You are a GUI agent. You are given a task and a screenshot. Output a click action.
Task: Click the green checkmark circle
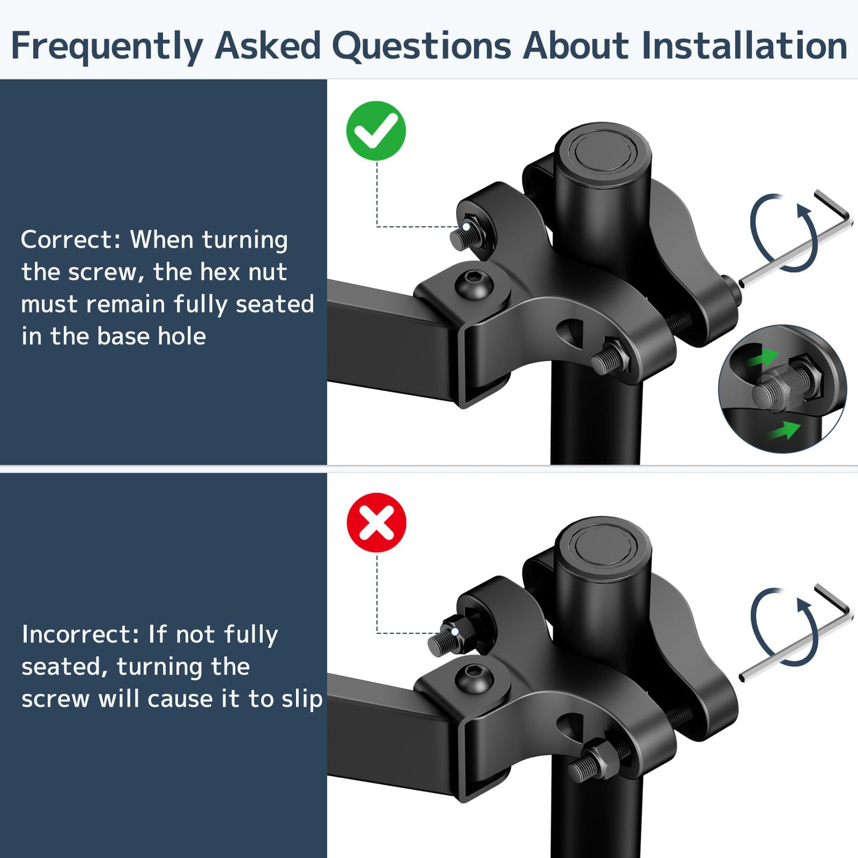(x=376, y=131)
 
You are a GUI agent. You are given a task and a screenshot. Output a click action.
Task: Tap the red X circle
(x=377, y=522)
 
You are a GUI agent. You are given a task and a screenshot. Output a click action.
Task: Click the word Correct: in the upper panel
(x=71, y=240)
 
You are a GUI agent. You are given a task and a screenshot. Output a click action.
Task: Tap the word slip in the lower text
(x=302, y=699)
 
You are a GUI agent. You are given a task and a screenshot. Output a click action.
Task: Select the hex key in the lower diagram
(x=795, y=632)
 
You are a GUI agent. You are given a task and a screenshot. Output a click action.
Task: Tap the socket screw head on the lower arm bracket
(x=474, y=677)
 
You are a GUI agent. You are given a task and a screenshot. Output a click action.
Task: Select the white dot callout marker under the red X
(x=455, y=632)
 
